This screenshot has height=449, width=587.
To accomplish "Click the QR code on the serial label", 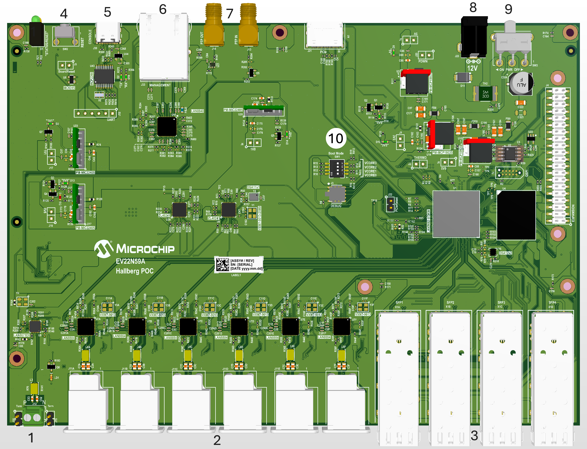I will [223, 265].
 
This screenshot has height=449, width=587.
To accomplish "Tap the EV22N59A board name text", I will [130, 261].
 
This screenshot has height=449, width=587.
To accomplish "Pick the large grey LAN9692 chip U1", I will [456, 214].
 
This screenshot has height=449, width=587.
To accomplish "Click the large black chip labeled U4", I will [516, 215].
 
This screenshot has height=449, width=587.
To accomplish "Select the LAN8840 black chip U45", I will [167, 127].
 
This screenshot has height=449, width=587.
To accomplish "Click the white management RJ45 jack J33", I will [164, 47].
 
